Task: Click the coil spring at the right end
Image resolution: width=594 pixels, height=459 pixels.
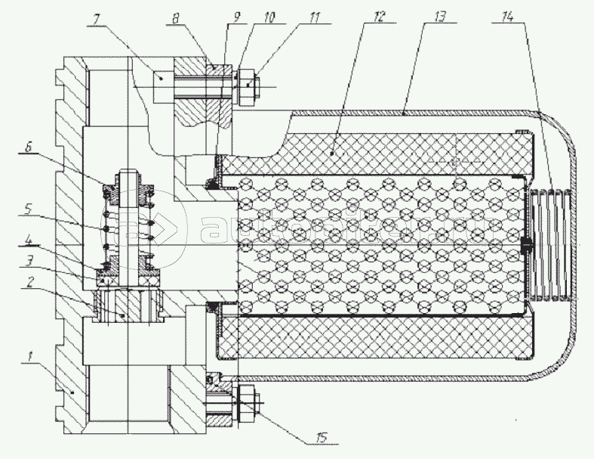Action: click(549, 247)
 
